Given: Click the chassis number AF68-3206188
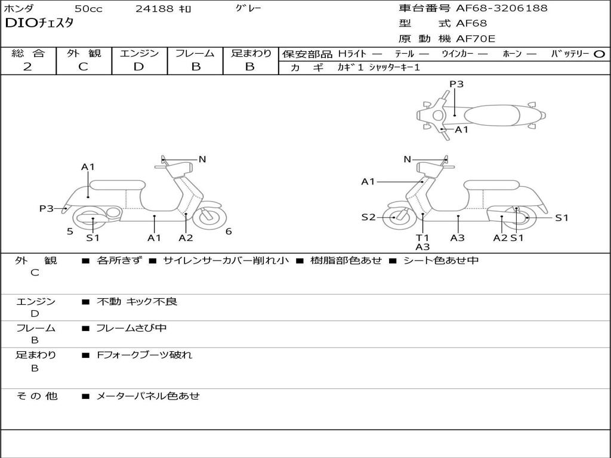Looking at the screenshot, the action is coord(501,8).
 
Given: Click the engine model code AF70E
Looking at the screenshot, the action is coord(476,39).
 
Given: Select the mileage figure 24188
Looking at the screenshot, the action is coord(155,8).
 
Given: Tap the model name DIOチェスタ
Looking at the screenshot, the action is coord(39,23).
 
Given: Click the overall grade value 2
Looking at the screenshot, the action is coord(27,67).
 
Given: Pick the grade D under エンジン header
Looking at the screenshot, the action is coord(138,67).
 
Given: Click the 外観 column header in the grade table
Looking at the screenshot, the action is coord(84,53).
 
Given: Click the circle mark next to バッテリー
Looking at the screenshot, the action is coord(599,54).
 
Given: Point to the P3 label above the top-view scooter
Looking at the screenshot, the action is coord(456,83).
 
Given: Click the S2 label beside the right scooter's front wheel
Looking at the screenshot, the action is coord(368,217).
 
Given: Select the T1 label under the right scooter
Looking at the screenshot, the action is coord(422,237).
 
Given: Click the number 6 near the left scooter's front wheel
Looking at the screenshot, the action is coord(229,231).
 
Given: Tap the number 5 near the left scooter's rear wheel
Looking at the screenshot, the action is coord(70,231).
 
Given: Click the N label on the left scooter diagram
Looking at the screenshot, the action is coord(202,159).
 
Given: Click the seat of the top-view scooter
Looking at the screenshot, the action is coord(492,116).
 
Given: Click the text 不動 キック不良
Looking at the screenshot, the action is coord(137,301).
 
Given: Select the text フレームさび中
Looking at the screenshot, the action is coord(131,328).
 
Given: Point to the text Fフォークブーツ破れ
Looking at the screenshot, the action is coord(144,355).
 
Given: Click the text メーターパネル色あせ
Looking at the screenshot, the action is coord(148,396).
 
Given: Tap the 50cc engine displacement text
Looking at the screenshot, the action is coord(88,8).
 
